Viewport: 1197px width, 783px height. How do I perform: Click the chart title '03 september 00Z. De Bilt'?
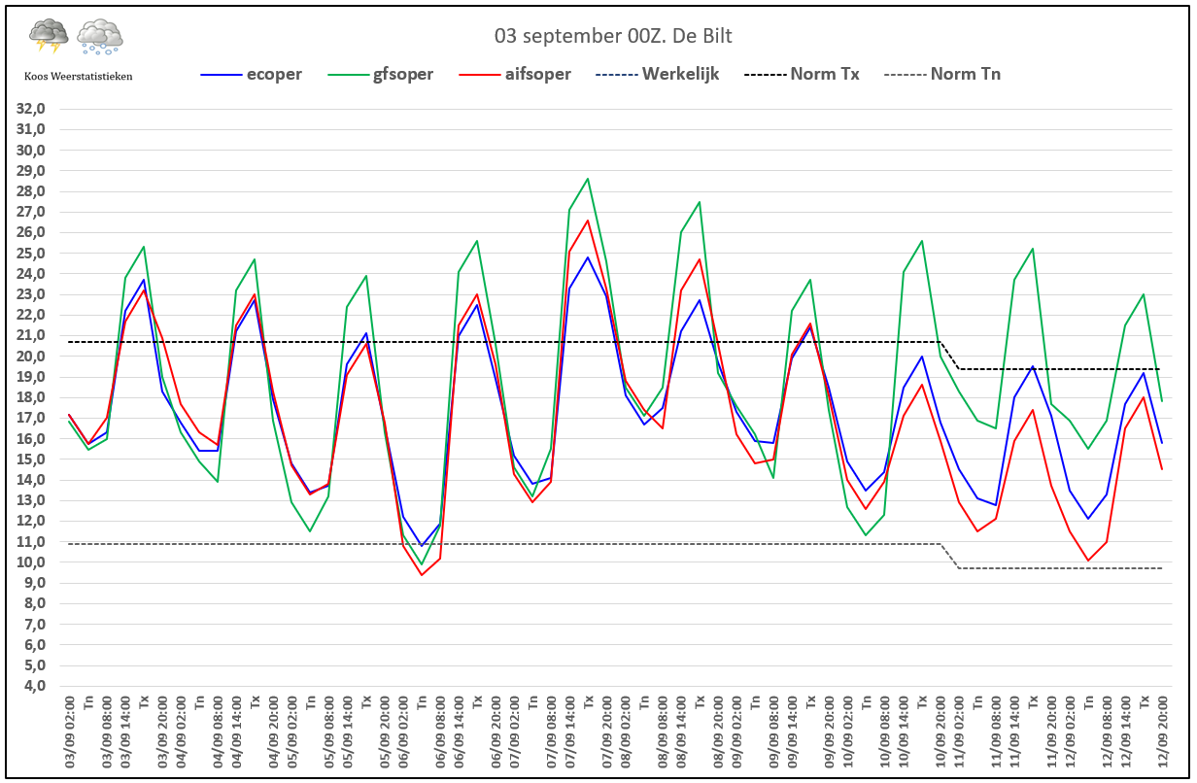pos(612,36)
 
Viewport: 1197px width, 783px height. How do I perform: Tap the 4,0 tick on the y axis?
pos(35,686)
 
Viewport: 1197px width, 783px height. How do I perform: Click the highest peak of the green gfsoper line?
pos(588,179)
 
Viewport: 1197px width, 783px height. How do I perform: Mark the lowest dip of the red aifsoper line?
pos(422,575)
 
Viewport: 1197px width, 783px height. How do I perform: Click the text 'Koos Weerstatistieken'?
pos(79,76)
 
